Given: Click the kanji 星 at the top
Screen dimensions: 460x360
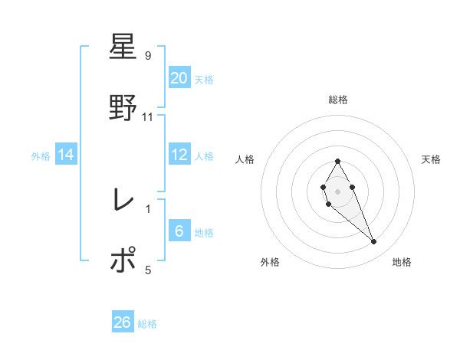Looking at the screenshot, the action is pos(123,47).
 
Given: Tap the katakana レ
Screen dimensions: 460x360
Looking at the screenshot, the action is pos(123,201).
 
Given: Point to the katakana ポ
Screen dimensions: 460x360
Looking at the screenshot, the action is pos(123,260).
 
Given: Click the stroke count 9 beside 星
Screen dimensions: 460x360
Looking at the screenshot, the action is pos(148,56).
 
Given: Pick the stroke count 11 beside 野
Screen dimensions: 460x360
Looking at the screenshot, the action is pos(148,116).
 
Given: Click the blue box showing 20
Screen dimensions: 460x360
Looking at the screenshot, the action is pos(179,78).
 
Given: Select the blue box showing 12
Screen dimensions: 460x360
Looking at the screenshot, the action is pos(179,155).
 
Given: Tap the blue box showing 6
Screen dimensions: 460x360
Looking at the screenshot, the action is pos(179,231).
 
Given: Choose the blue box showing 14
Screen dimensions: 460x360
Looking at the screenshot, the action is pos(66,155).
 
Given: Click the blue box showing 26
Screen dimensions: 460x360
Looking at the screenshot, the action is pos(123,322).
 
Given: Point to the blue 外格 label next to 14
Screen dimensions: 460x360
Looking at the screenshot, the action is pos(41,156).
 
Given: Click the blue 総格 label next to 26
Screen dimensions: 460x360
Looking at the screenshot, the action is pos(147,324).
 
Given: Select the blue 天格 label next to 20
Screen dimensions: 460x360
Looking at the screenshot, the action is pos(204,80).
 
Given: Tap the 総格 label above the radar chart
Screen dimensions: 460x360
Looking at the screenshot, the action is pos(338,100).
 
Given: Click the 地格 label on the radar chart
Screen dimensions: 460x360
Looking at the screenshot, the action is pos(402,263).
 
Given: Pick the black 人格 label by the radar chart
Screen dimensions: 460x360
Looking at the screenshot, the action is pos(245,159).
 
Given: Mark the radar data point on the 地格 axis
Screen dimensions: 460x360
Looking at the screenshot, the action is pos(374,242).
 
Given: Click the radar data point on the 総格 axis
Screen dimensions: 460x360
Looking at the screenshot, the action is pos(338,161).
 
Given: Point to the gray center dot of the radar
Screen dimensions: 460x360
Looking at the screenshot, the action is pos(338,191).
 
